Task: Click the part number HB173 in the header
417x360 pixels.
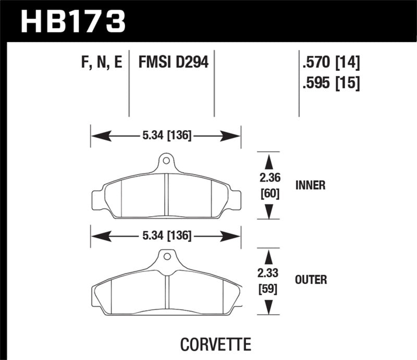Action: click(x=73, y=20)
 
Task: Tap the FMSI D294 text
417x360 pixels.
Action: click(x=173, y=64)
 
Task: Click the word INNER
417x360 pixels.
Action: click(x=310, y=185)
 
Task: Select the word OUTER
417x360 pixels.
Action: click(x=311, y=280)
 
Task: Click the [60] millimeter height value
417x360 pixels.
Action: click(x=269, y=194)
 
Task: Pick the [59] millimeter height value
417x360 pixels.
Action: click(x=269, y=288)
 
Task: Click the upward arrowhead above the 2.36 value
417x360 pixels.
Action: click(x=269, y=160)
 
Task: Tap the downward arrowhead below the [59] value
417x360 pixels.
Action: click(x=269, y=308)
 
